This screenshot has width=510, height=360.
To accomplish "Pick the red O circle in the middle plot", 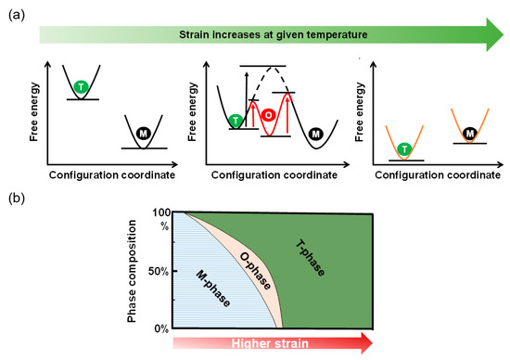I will click(266, 115).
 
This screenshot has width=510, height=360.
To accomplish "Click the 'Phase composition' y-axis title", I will click(134, 271).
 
